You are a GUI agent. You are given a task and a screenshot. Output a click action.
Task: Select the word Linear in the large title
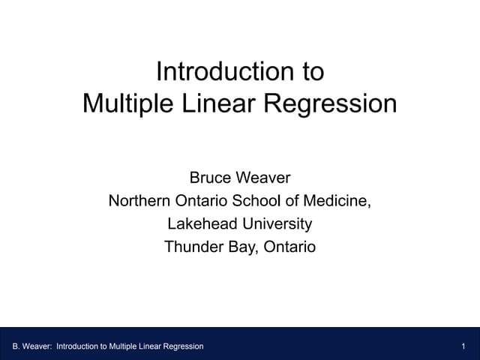[215, 103]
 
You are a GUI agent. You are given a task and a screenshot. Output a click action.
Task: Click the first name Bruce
[211, 178]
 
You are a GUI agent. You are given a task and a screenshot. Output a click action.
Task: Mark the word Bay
[241, 246]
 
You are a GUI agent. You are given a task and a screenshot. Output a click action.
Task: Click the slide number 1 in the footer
[465, 346]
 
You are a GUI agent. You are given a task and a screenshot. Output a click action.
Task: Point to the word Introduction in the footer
[77, 346]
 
